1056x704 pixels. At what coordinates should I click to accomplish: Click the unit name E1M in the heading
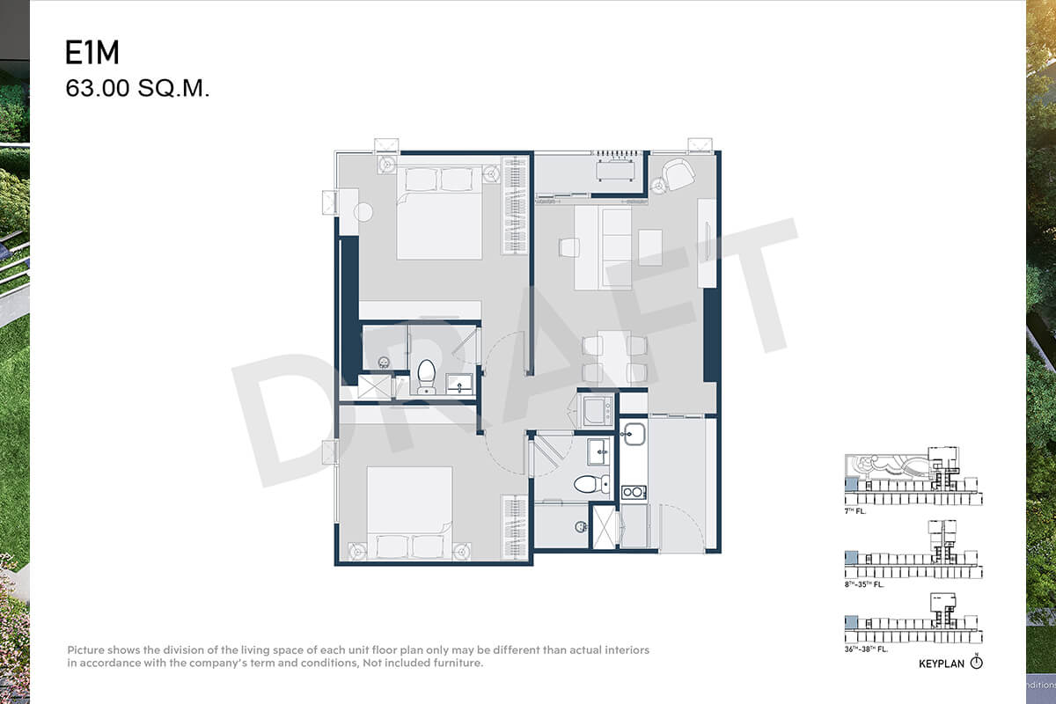(x=92, y=52)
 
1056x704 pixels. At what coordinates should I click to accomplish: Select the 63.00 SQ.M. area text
(x=137, y=88)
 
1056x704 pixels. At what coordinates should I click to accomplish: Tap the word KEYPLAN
(x=942, y=664)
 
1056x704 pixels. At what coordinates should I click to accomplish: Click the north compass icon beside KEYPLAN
(x=976, y=662)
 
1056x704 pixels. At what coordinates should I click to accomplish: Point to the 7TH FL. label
(x=855, y=511)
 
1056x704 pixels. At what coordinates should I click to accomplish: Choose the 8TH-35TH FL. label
(x=864, y=584)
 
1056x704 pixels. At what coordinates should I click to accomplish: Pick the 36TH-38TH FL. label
(x=866, y=649)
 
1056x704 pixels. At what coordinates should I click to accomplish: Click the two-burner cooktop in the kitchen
(x=634, y=492)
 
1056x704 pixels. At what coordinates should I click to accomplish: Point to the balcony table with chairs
(x=615, y=170)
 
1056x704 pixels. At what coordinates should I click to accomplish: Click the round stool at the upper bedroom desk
(x=363, y=212)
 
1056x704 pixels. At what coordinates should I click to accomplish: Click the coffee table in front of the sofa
(x=650, y=247)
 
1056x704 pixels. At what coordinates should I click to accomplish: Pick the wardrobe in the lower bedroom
(x=514, y=527)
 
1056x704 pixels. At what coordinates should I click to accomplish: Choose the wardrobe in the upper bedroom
(x=514, y=205)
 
